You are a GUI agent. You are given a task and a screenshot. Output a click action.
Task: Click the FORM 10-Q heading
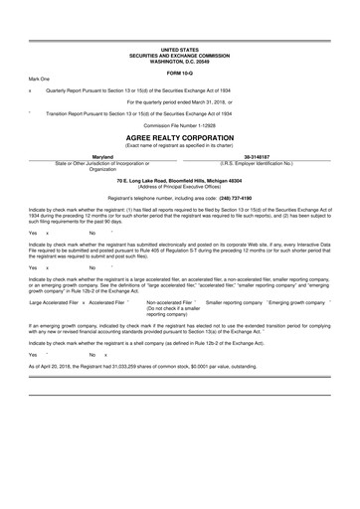coord(179,73)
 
